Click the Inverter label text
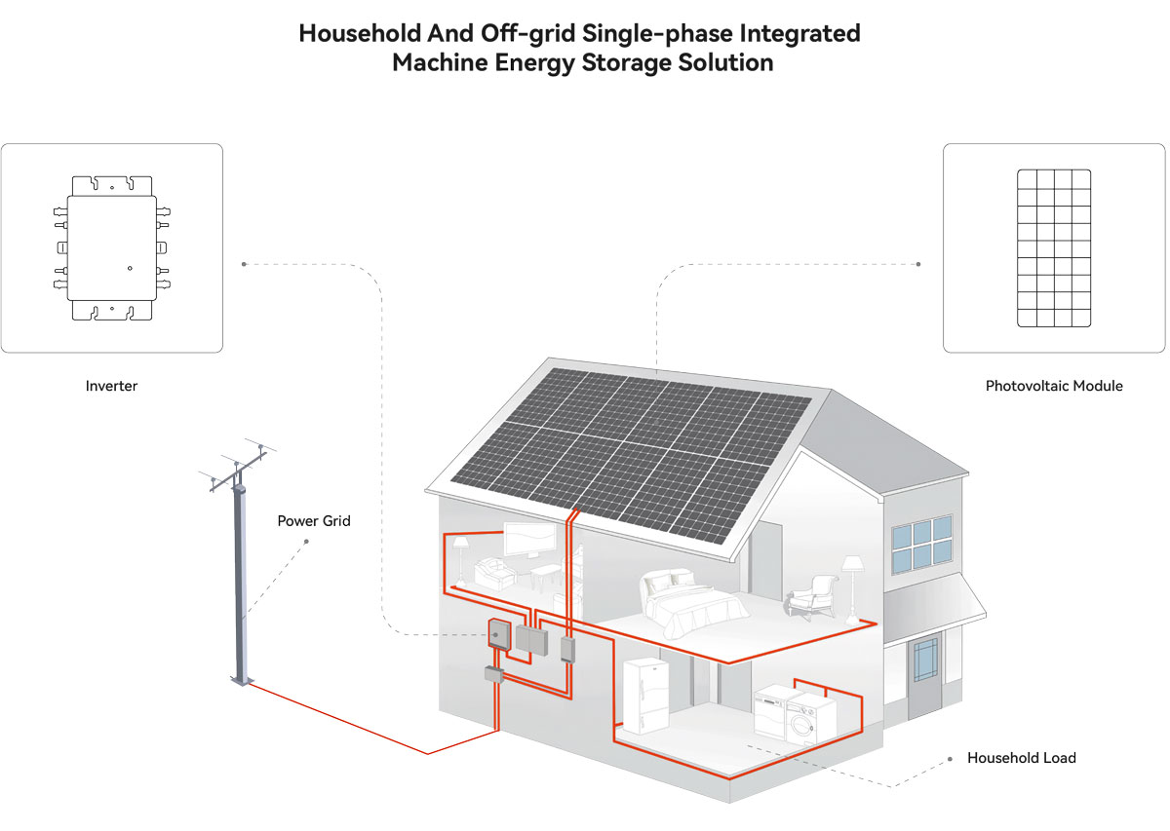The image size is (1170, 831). click(x=111, y=386)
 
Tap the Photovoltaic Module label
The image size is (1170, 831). click(x=1054, y=386)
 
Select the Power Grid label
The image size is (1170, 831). click(x=313, y=521)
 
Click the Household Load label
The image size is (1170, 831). click(x=1021, y=757)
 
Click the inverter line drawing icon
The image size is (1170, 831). click(x=112, y=248)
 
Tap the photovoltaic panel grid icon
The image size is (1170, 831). click(x=1054, y=248)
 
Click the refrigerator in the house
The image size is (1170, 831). click(x=645, y=696)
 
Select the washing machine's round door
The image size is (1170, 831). click(x=800, y=725)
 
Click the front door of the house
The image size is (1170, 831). click(x=925, y=675)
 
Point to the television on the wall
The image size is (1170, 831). click(x=528, y=538)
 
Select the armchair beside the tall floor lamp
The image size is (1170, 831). click(x=810, y=597)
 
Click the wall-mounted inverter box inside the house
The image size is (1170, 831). click(x=499, y=633)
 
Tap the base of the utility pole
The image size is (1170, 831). click(x=242, y=680)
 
